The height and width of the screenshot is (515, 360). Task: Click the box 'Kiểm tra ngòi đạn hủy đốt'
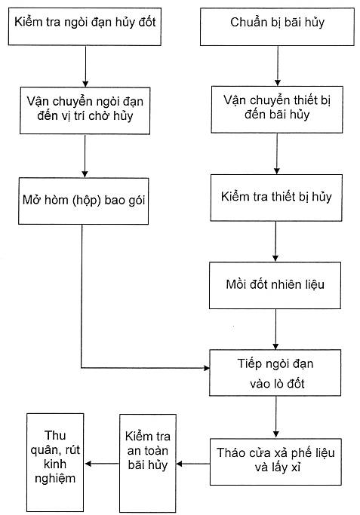pos(85,26)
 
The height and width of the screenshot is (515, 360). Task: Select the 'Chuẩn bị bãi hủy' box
pos(277,27)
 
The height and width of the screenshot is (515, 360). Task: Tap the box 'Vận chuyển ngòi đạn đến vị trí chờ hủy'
pos(85,110)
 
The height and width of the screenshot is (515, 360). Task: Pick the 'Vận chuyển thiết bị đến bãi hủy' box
pos(277,109)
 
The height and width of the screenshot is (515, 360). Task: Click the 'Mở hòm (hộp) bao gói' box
pos(84,201)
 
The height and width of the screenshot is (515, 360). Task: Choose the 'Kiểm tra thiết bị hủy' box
pos(276,198)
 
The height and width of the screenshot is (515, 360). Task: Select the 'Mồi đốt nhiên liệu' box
pos(275,285)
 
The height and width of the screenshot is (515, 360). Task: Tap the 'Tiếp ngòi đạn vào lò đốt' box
pos(275,372)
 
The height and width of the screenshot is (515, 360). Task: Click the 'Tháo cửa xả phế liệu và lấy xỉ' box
pos(275,461)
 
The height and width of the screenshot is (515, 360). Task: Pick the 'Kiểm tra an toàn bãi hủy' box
pos(148,463)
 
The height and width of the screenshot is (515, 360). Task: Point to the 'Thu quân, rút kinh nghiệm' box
pos(55,462)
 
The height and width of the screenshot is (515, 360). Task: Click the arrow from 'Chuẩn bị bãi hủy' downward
pos(278,66)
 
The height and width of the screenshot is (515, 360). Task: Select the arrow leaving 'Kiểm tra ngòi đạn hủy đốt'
pos(85,66)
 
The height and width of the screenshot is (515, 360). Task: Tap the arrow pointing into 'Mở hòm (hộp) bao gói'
pos(85,156)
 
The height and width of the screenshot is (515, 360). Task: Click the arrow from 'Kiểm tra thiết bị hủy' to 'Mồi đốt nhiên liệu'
pos(275,241)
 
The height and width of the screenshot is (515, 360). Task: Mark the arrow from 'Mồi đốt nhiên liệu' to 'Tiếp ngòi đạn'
pos(275,329)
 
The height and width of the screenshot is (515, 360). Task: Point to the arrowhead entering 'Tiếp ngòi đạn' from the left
pos(207,368)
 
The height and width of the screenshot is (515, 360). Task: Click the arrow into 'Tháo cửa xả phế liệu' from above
pos(276,417)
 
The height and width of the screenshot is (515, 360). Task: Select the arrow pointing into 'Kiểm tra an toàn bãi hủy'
pos(193,464)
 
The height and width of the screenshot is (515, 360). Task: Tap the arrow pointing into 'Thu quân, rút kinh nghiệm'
pos(102,464)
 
